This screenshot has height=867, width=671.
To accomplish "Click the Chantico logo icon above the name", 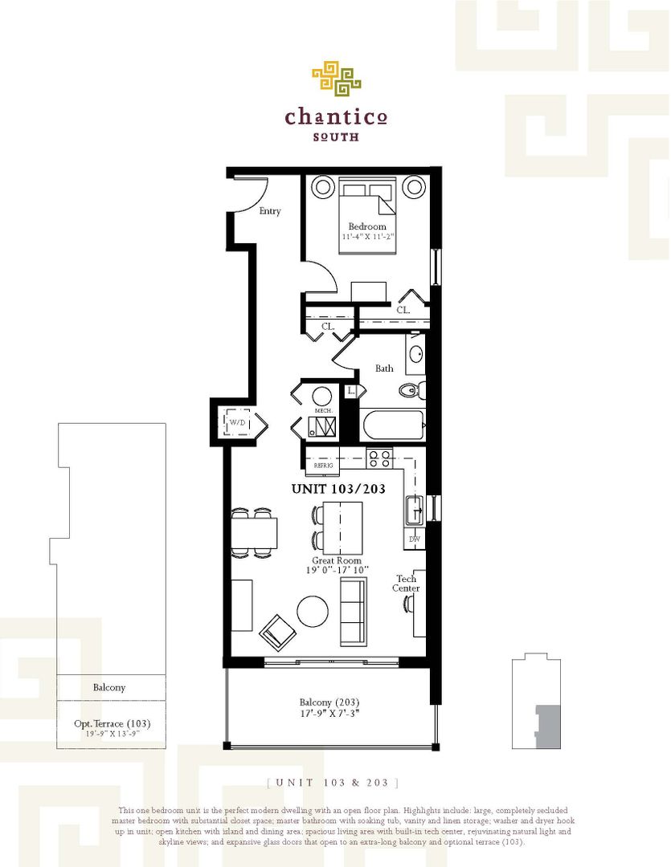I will click(x=336, y=78).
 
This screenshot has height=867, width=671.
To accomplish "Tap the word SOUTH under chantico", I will click(x=336, y=136).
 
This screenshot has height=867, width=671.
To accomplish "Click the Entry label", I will click(x=270, y=211).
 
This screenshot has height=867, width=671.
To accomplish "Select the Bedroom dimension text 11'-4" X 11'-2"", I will click(x=367, y=237).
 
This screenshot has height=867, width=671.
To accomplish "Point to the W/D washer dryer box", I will click(x=237, y=422).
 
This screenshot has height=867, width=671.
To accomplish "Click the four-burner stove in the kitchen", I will click(x=379, y=459).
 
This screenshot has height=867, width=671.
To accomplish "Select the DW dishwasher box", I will click(x=415, y=539).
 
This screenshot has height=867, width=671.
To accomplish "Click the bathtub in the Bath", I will click(x=392, y=425).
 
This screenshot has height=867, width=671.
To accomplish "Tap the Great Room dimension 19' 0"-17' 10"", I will click(x=338, y=570).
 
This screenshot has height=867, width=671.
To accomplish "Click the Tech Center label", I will click(x=406, y=584).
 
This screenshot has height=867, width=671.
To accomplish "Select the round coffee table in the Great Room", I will click(x=313, y=611).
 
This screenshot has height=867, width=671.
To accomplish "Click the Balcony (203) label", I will click(x=329, y=700).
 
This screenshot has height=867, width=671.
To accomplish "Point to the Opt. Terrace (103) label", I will click(x=112, y=723).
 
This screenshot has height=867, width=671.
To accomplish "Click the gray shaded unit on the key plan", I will click(x=547, y=726).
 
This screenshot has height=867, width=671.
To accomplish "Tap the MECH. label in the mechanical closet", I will click(x=323, y=409).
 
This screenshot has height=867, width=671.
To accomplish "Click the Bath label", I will click(x=384, y=368).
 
